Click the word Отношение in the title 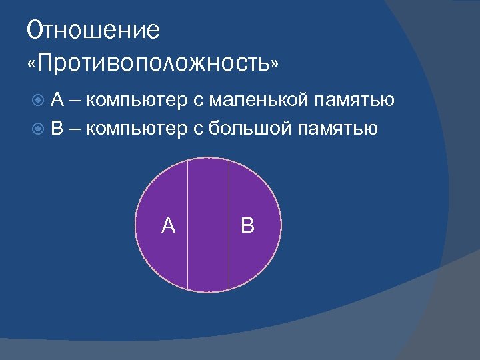[93, 31]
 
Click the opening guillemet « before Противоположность [33, 64]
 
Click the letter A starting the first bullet [58, 101]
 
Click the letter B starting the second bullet [58, 128]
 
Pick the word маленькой [251, 101]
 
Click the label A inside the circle [169, 226]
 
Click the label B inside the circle [247, 226]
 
